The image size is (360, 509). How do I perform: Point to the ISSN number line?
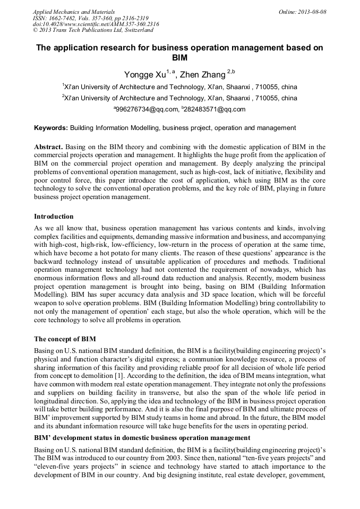(91, 18)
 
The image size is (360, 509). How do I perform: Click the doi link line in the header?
(96, 24)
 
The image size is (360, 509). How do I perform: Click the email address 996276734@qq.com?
(147, 109)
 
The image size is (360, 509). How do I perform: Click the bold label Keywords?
(51, 128)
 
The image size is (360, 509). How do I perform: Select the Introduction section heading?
(54, 217)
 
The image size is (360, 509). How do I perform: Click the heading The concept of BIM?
(65, 339)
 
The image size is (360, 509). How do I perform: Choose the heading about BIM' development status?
(142, 438)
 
